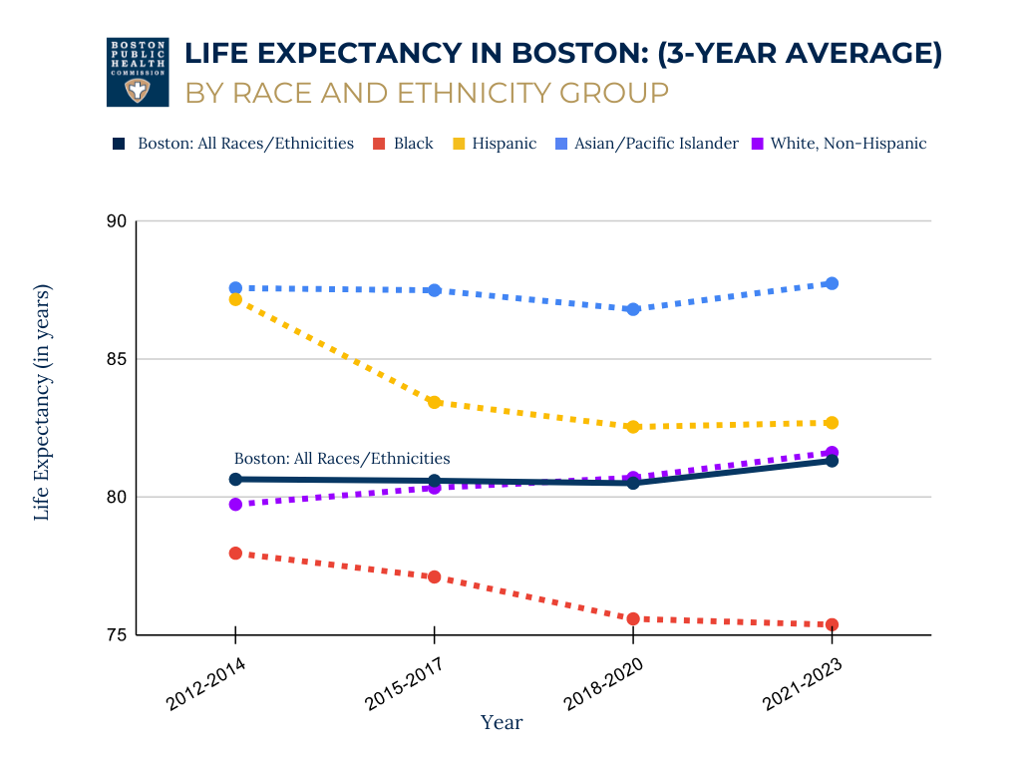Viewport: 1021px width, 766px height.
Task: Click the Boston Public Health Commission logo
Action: point(138,72)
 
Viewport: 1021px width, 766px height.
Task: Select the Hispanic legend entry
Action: point(495,144)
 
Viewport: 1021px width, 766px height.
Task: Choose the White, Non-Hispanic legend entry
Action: point(841,144)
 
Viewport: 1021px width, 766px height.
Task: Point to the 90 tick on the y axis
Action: point(117,221)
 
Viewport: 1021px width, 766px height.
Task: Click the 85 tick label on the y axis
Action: point(117,359)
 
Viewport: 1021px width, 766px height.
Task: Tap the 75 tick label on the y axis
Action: point(117,634)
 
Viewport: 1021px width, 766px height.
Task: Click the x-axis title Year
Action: point(502,722)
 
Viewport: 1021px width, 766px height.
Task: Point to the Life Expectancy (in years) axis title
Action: point(42,402)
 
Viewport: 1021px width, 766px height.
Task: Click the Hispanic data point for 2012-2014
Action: point(235,299)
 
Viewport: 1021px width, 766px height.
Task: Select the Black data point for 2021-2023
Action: point(832,624)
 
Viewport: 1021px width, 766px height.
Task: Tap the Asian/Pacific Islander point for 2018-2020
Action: point(633,309)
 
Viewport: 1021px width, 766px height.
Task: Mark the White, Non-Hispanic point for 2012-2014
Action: point(235,505)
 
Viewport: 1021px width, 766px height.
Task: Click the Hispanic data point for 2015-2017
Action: point(435,402)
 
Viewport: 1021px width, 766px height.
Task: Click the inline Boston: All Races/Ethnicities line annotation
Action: point(342,459)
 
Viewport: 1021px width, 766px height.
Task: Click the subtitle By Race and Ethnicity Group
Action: point(427,93)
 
